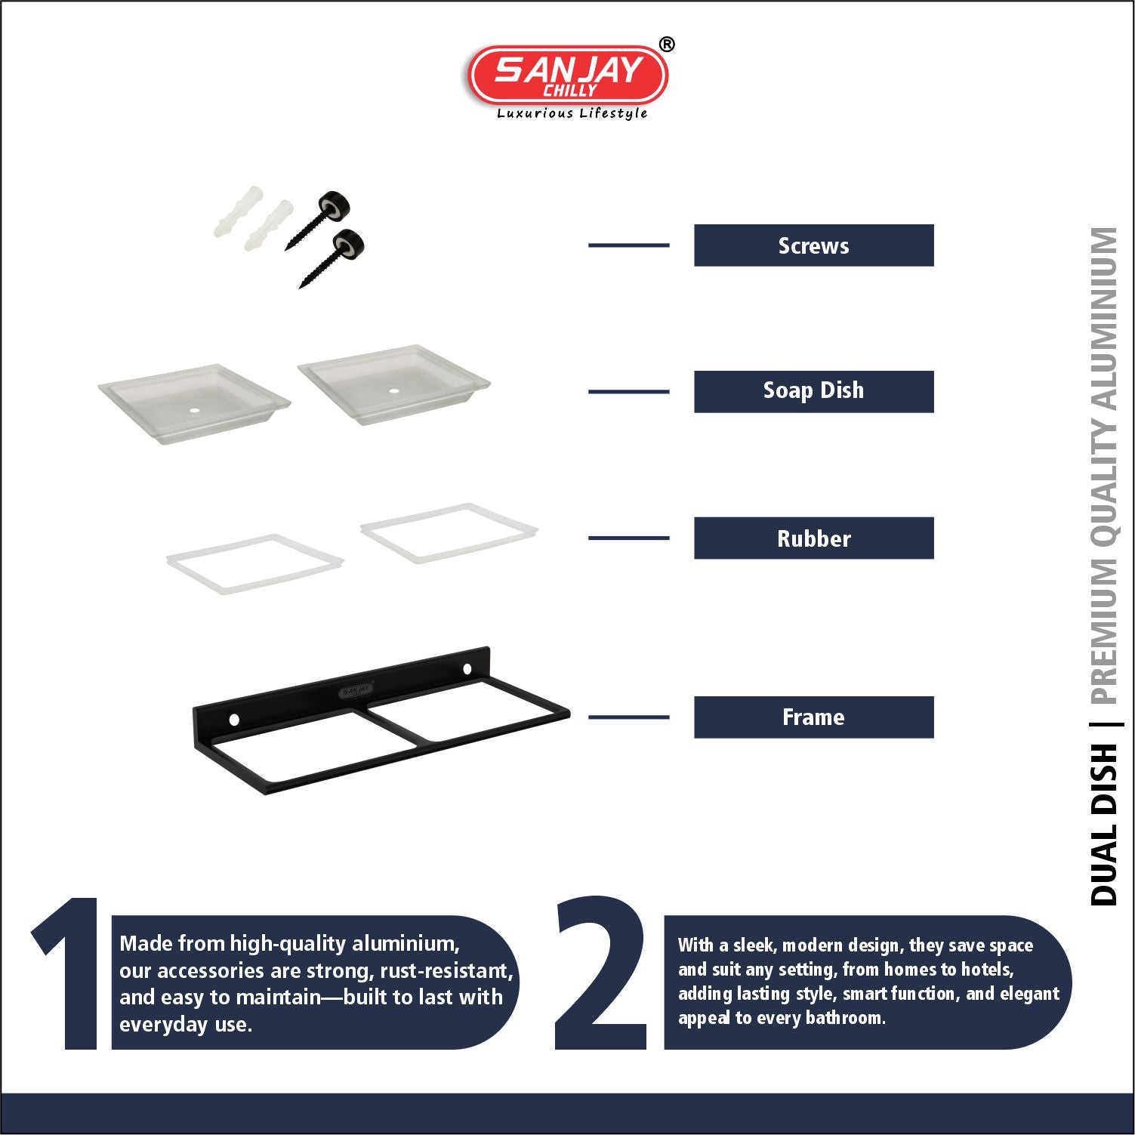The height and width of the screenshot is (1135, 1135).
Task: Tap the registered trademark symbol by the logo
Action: (666, 45)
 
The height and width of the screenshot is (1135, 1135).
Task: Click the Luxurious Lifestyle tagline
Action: (572, 113)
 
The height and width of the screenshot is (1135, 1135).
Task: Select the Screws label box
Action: (813, 245)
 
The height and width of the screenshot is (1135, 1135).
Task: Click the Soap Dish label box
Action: (813, 391)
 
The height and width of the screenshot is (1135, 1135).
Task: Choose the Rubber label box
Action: (813, 538)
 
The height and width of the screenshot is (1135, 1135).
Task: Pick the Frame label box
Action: (813, 717)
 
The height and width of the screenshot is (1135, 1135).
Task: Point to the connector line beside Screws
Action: (628, 245)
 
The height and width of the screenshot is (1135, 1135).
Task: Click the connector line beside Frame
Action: (628, 717)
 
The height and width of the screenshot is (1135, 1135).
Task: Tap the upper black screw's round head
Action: (335, 205)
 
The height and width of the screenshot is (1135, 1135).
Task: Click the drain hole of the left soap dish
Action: (195, 410)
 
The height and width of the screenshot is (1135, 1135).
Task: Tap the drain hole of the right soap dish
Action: (394, 391)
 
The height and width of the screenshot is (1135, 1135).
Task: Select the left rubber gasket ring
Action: (255, 564)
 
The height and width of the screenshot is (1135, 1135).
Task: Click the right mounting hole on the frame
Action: (467, 669)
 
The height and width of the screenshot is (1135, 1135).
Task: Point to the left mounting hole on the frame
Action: (234, 720)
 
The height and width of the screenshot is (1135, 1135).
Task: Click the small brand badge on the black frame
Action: (356, 690)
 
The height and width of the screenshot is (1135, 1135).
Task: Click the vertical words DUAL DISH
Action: (1104, 823)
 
